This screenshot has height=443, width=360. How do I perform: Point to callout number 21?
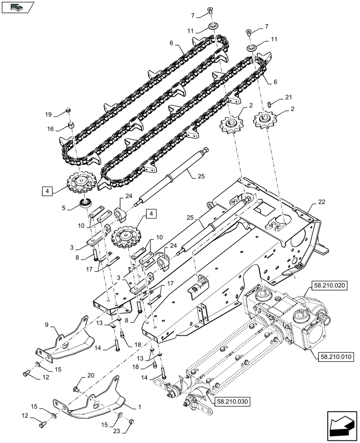[288, 97]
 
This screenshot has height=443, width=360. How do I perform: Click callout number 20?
[90, 375]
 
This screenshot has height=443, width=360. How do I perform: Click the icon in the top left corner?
[18, 7]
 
